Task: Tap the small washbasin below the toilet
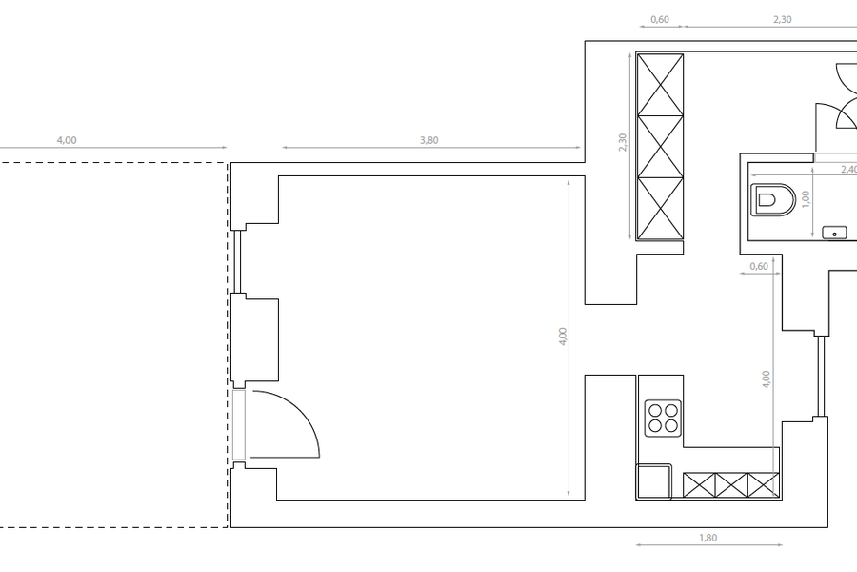[834, 233]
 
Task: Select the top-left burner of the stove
[655, 411]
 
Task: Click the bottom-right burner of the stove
[671, 426]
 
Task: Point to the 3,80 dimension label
[429, 140]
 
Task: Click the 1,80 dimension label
[708, 538]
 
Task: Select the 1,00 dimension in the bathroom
[805, 198]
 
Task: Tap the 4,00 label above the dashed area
[67, 140]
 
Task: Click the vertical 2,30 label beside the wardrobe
[623, 142]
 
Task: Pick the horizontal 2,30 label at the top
[783, 19]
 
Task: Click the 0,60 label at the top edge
[660, 19]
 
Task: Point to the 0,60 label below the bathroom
[759, 266]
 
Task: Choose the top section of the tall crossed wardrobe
[660, 85]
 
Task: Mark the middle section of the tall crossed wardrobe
[660, 147]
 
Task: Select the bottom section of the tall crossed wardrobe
[660, 209]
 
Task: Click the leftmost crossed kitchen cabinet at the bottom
[699, 485]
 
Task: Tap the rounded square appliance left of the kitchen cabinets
[653, 481]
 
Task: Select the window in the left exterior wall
[237, 261]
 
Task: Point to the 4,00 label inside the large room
[563, 337]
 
